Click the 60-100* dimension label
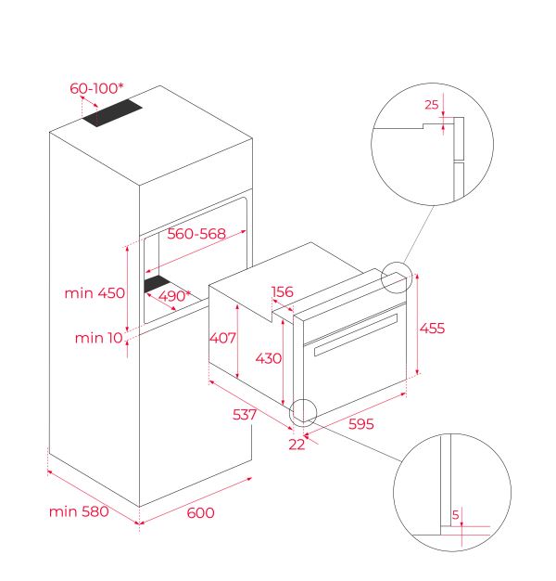[96, 88]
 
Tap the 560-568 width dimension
[196, 234]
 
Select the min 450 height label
[95, 293]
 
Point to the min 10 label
[99, 338]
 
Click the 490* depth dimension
[174, 296]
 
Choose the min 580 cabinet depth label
[79, 511]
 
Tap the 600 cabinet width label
[200, 513]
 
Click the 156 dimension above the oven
[283, 292]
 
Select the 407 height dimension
[222, 338]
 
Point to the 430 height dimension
[269, 358]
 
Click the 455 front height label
[432, 329]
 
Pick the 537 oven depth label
[245, 415]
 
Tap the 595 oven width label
[361, 424]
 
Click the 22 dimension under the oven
[297, 445]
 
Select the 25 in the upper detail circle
[431, 105]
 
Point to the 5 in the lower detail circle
[455, 515]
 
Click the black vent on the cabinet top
[112, 113]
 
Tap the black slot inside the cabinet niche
[158, 284]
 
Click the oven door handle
[356, 335]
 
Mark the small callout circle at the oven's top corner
[397, 278]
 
